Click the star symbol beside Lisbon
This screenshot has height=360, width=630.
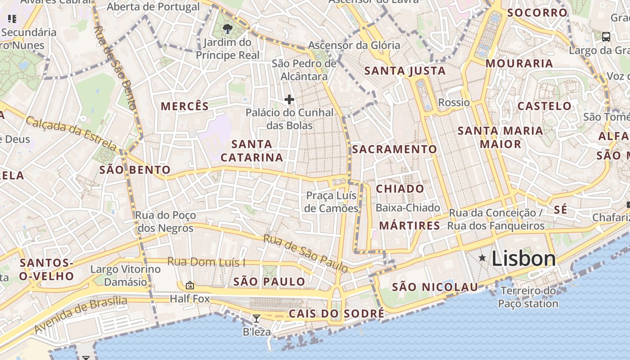[482, 258]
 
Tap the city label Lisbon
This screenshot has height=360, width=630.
[524, 259]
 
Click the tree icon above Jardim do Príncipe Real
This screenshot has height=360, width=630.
[228, 29]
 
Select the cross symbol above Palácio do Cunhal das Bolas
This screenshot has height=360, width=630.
[289, 99]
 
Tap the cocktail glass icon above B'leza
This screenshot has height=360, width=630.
[256, 319]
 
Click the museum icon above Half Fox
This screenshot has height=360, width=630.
[190, 285]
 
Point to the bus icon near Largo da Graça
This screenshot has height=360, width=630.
[606, 36]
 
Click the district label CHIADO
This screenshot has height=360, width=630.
[400, 189]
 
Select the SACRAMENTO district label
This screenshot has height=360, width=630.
[394, 149]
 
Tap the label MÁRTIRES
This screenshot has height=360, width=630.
[409, 225]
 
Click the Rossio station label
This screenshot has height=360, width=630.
[454, 102]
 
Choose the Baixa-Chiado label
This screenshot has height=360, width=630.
[408, 207]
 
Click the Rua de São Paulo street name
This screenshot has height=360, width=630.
[306, 253]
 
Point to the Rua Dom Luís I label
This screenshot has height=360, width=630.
[207, 261]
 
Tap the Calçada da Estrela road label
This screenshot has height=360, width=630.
[71, 133]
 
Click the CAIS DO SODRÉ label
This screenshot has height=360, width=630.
[337, 313]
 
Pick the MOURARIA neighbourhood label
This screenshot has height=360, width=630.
[519, 63]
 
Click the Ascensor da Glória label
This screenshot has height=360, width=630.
[354, 45]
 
